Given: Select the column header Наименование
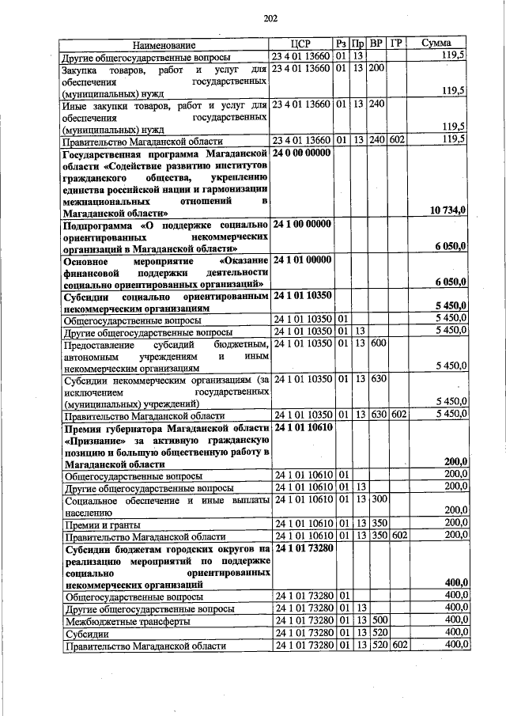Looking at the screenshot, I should pos(164,46).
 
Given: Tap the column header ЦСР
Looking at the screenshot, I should pos(300,45).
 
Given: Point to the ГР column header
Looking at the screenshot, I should pos(396,45).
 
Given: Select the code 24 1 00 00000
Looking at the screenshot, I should pos(303,225).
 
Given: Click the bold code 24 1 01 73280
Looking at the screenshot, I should pos(304,547).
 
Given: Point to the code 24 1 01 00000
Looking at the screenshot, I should pos(303,260).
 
